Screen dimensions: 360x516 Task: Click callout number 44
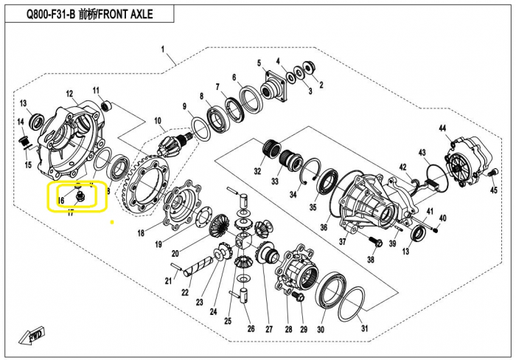pyautogui.click(x=443, y=129)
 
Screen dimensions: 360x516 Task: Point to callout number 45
pyautogui.click(x=494, y=190)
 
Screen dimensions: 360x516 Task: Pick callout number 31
pyautogui.click(x=363, y=329)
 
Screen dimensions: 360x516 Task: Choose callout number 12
pyautogui.click(x=70, y=94)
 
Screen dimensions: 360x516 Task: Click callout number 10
pyautogui.click(x=157, y=121)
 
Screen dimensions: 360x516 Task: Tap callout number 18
pyautogui.click(x=141, y=234)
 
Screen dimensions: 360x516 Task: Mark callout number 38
pyautogui.click(x=371, y=260)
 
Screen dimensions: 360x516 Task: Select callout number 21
pyautogui.click(x=168, y=280)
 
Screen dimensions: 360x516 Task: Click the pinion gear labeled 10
pyautogui.click(x=181, y=142)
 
